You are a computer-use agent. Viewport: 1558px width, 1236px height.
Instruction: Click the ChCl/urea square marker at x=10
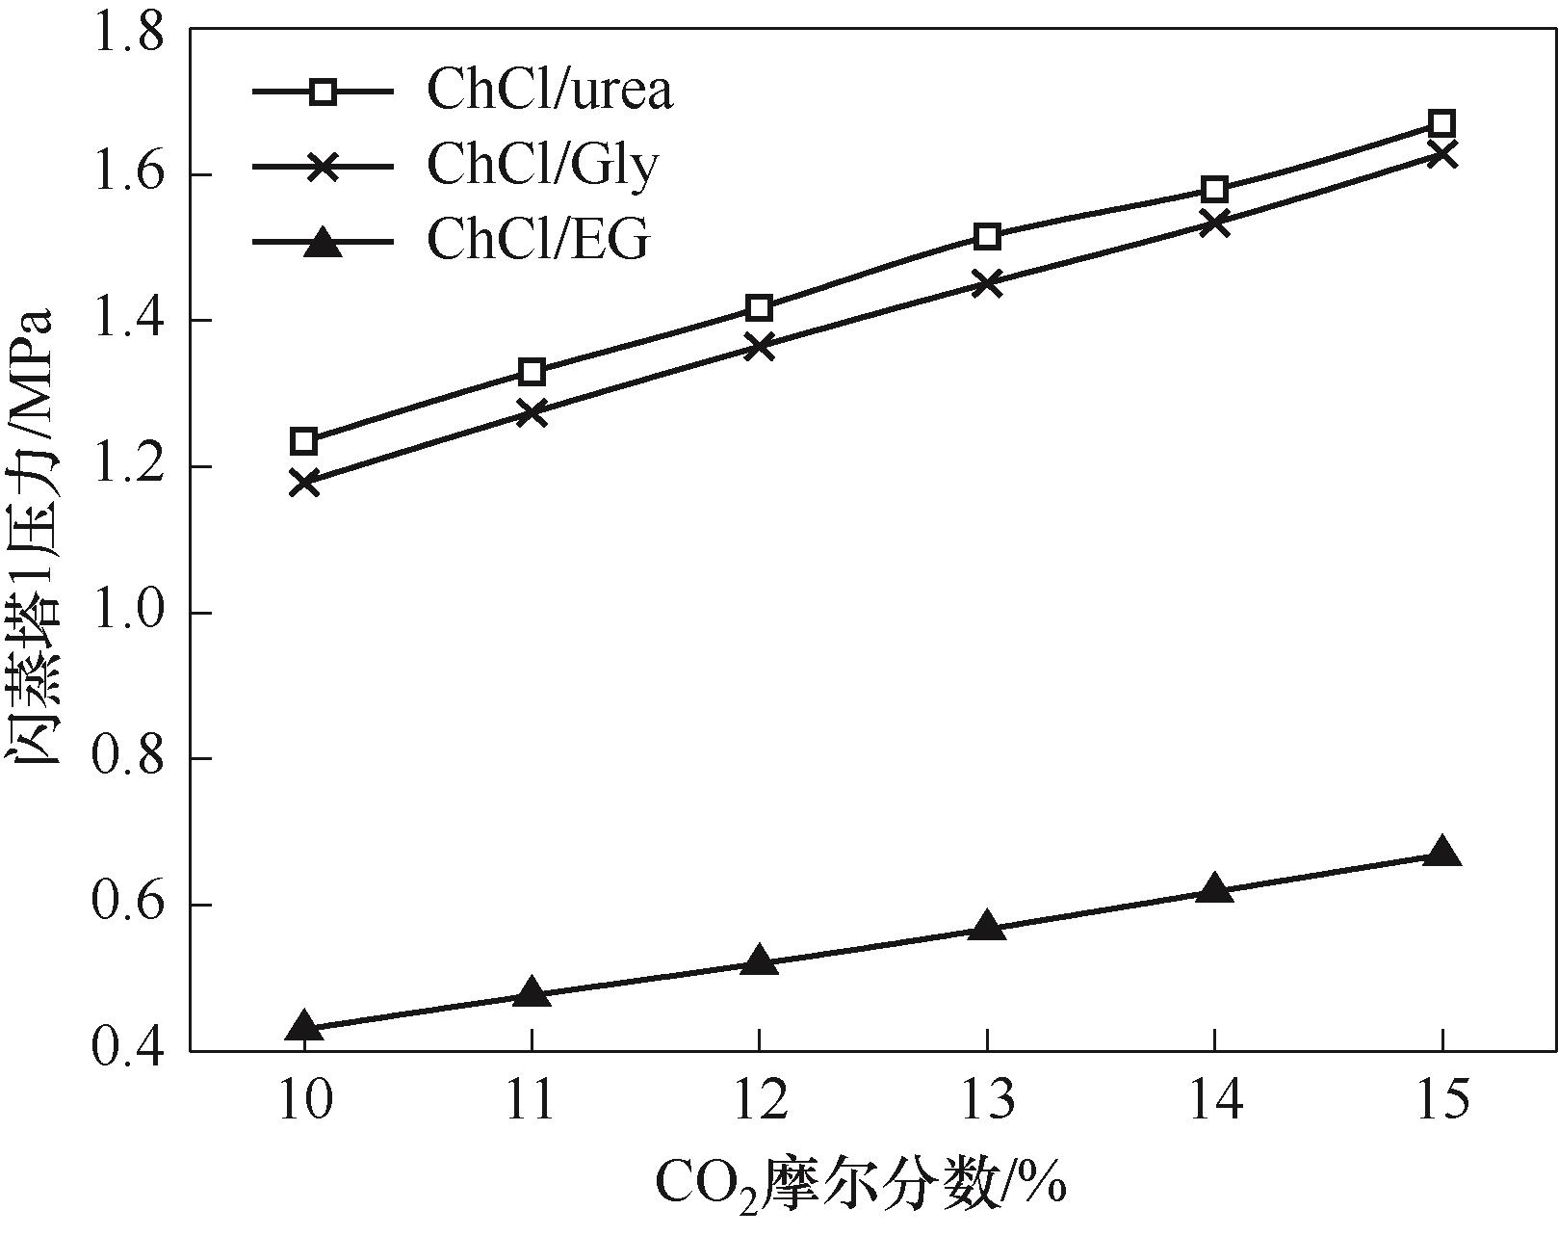click(x=304, y=441)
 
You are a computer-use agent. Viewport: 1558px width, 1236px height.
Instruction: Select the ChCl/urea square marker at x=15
click(x=1441, y=123)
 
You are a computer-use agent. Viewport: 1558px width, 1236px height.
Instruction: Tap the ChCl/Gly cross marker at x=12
click(x=759, y=347)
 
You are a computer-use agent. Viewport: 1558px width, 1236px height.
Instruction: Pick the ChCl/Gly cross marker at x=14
click(x=1214, y=224)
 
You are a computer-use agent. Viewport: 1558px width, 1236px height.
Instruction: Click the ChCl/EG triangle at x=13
click(x=986, y=927)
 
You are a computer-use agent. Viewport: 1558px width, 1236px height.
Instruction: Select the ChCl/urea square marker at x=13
click(x=986, y=236)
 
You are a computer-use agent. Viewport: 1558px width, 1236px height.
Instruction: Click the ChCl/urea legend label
click(x=550, y=91)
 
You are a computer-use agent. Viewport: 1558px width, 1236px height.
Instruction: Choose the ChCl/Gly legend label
click(x=542, y=166)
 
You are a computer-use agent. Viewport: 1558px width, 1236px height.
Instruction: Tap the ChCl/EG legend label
click(x=538, y=240)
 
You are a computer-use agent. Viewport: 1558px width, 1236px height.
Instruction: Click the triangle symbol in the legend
click(x=323, y=241)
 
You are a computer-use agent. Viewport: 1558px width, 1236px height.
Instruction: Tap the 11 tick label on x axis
click(x=532, y=1099)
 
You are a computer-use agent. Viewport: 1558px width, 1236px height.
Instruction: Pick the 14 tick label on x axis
click(x=1214, y=1099)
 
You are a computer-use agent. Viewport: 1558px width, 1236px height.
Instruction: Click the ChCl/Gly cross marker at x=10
click(x=304, y=482)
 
